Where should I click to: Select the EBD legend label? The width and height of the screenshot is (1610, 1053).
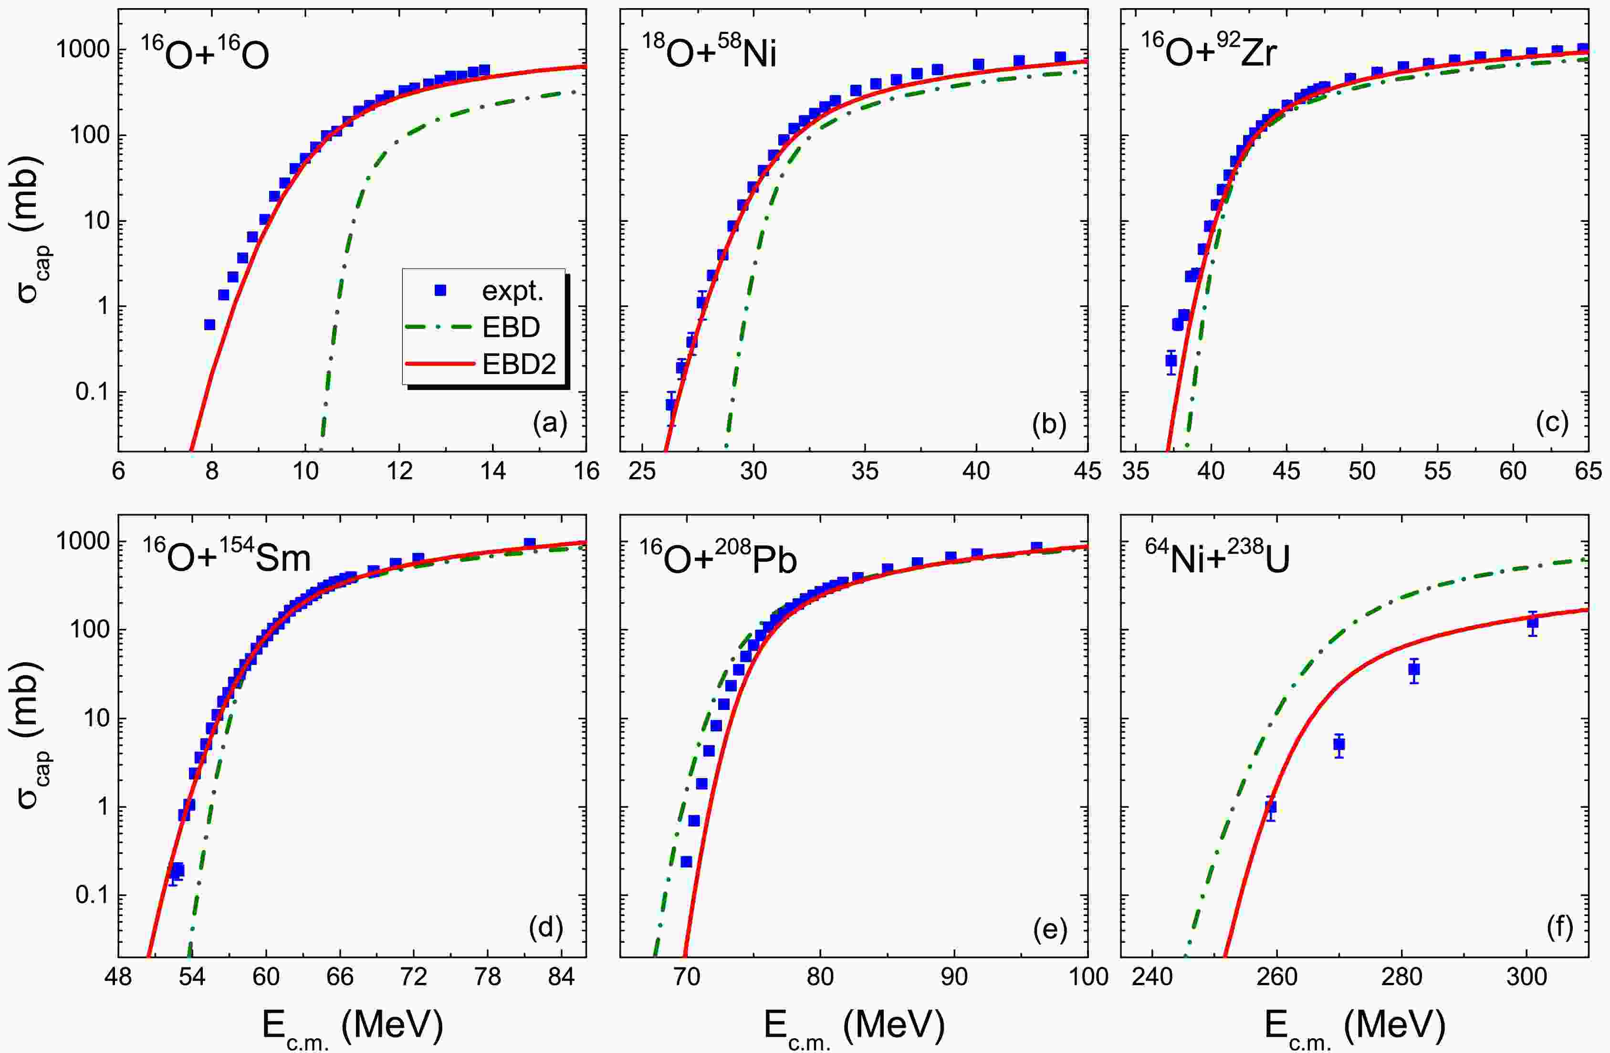pos(511,328)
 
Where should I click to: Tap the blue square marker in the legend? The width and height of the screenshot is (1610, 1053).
pos(440,290)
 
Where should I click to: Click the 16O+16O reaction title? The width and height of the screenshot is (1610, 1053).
pos(204,53)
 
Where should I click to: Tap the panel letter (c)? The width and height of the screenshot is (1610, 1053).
pos(1551,423)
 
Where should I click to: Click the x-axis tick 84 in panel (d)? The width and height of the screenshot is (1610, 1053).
pos(557,977)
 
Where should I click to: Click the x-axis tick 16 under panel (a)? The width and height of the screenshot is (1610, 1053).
pos(586,471)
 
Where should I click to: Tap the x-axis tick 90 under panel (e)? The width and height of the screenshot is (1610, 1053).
pos(954,977)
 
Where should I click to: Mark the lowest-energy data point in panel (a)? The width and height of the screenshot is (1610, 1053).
pos(209,324)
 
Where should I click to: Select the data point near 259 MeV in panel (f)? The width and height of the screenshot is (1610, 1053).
pos(1270,807)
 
